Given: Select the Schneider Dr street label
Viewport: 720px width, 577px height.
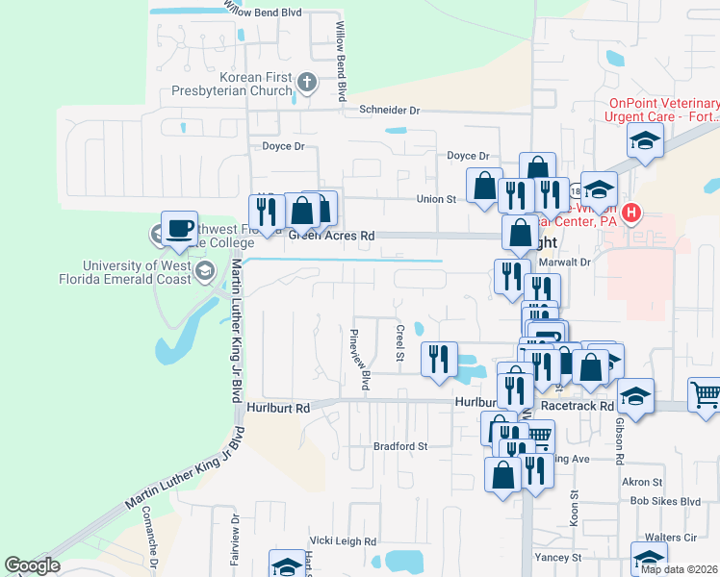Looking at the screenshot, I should [x=390, y=111].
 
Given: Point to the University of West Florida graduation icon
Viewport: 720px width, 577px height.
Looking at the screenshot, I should [x=203, y=273].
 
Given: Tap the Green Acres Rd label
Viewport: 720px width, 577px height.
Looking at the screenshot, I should [x=330, y=236].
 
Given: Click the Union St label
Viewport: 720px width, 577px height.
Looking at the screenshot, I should [x=435, y=199].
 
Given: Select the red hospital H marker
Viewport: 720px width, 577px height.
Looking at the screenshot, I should [x=631, y=213].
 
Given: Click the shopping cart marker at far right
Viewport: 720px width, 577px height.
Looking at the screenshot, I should [x=705, y=394].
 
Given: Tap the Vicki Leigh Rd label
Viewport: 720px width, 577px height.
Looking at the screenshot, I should [x=342, y=541].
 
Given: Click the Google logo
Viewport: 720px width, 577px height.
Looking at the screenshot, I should [x=32, y=565].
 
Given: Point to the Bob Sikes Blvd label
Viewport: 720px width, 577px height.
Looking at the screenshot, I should [x=664, y=502].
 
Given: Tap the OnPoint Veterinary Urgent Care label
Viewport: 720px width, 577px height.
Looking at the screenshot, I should [x=662, y=110].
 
